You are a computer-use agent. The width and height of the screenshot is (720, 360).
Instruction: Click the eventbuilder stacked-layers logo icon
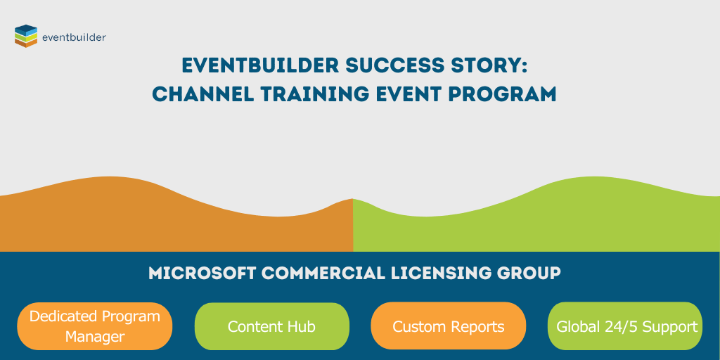(x=26, y=36)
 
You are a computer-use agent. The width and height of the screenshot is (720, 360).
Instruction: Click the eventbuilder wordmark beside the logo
(x=74, y=37)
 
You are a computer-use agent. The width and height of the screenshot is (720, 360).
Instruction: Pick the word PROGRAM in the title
(x=506, y=94)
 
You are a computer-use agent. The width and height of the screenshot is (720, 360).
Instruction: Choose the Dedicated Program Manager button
(x=95, y=326)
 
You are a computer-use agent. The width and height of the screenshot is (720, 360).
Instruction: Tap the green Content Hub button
(x=271, y=326)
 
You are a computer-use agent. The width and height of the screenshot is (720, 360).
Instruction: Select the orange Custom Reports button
(x=448, y=326)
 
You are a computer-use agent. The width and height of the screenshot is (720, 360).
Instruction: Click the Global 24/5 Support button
(x=625, y=326)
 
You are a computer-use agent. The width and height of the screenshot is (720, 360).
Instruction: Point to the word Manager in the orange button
(x=95, y=337)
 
